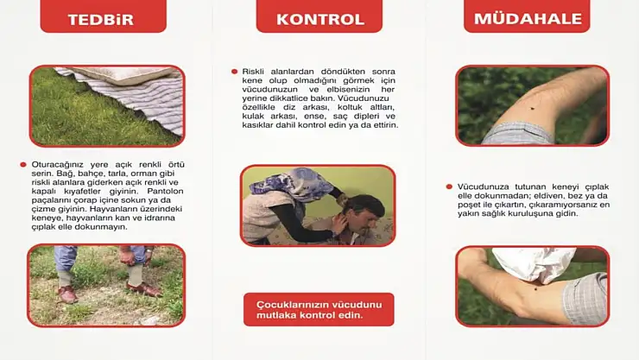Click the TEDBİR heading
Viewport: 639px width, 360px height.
(103, 17)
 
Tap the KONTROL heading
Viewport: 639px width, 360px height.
(319, 18)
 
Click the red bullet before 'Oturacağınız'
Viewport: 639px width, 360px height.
(22, 164)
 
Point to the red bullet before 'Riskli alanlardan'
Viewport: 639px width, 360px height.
(234, 72)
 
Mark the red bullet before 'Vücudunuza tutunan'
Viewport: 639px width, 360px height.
(449, 186)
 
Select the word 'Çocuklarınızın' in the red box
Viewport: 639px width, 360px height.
(293, 304)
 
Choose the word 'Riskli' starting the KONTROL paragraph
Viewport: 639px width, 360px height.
(254, 72)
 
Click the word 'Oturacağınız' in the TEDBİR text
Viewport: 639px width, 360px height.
(57, 164)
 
